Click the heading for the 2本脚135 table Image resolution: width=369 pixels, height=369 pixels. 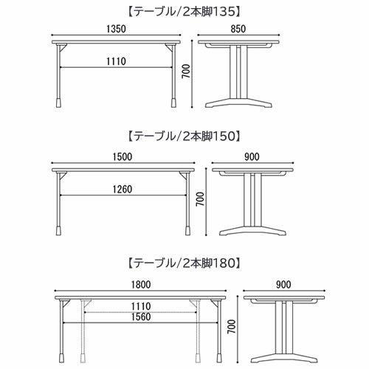point(184,13)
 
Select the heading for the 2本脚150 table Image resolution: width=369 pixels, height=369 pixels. point(184,137)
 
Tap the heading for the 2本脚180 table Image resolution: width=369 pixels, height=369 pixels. point(184,261)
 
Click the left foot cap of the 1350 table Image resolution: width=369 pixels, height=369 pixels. point(60,103)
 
